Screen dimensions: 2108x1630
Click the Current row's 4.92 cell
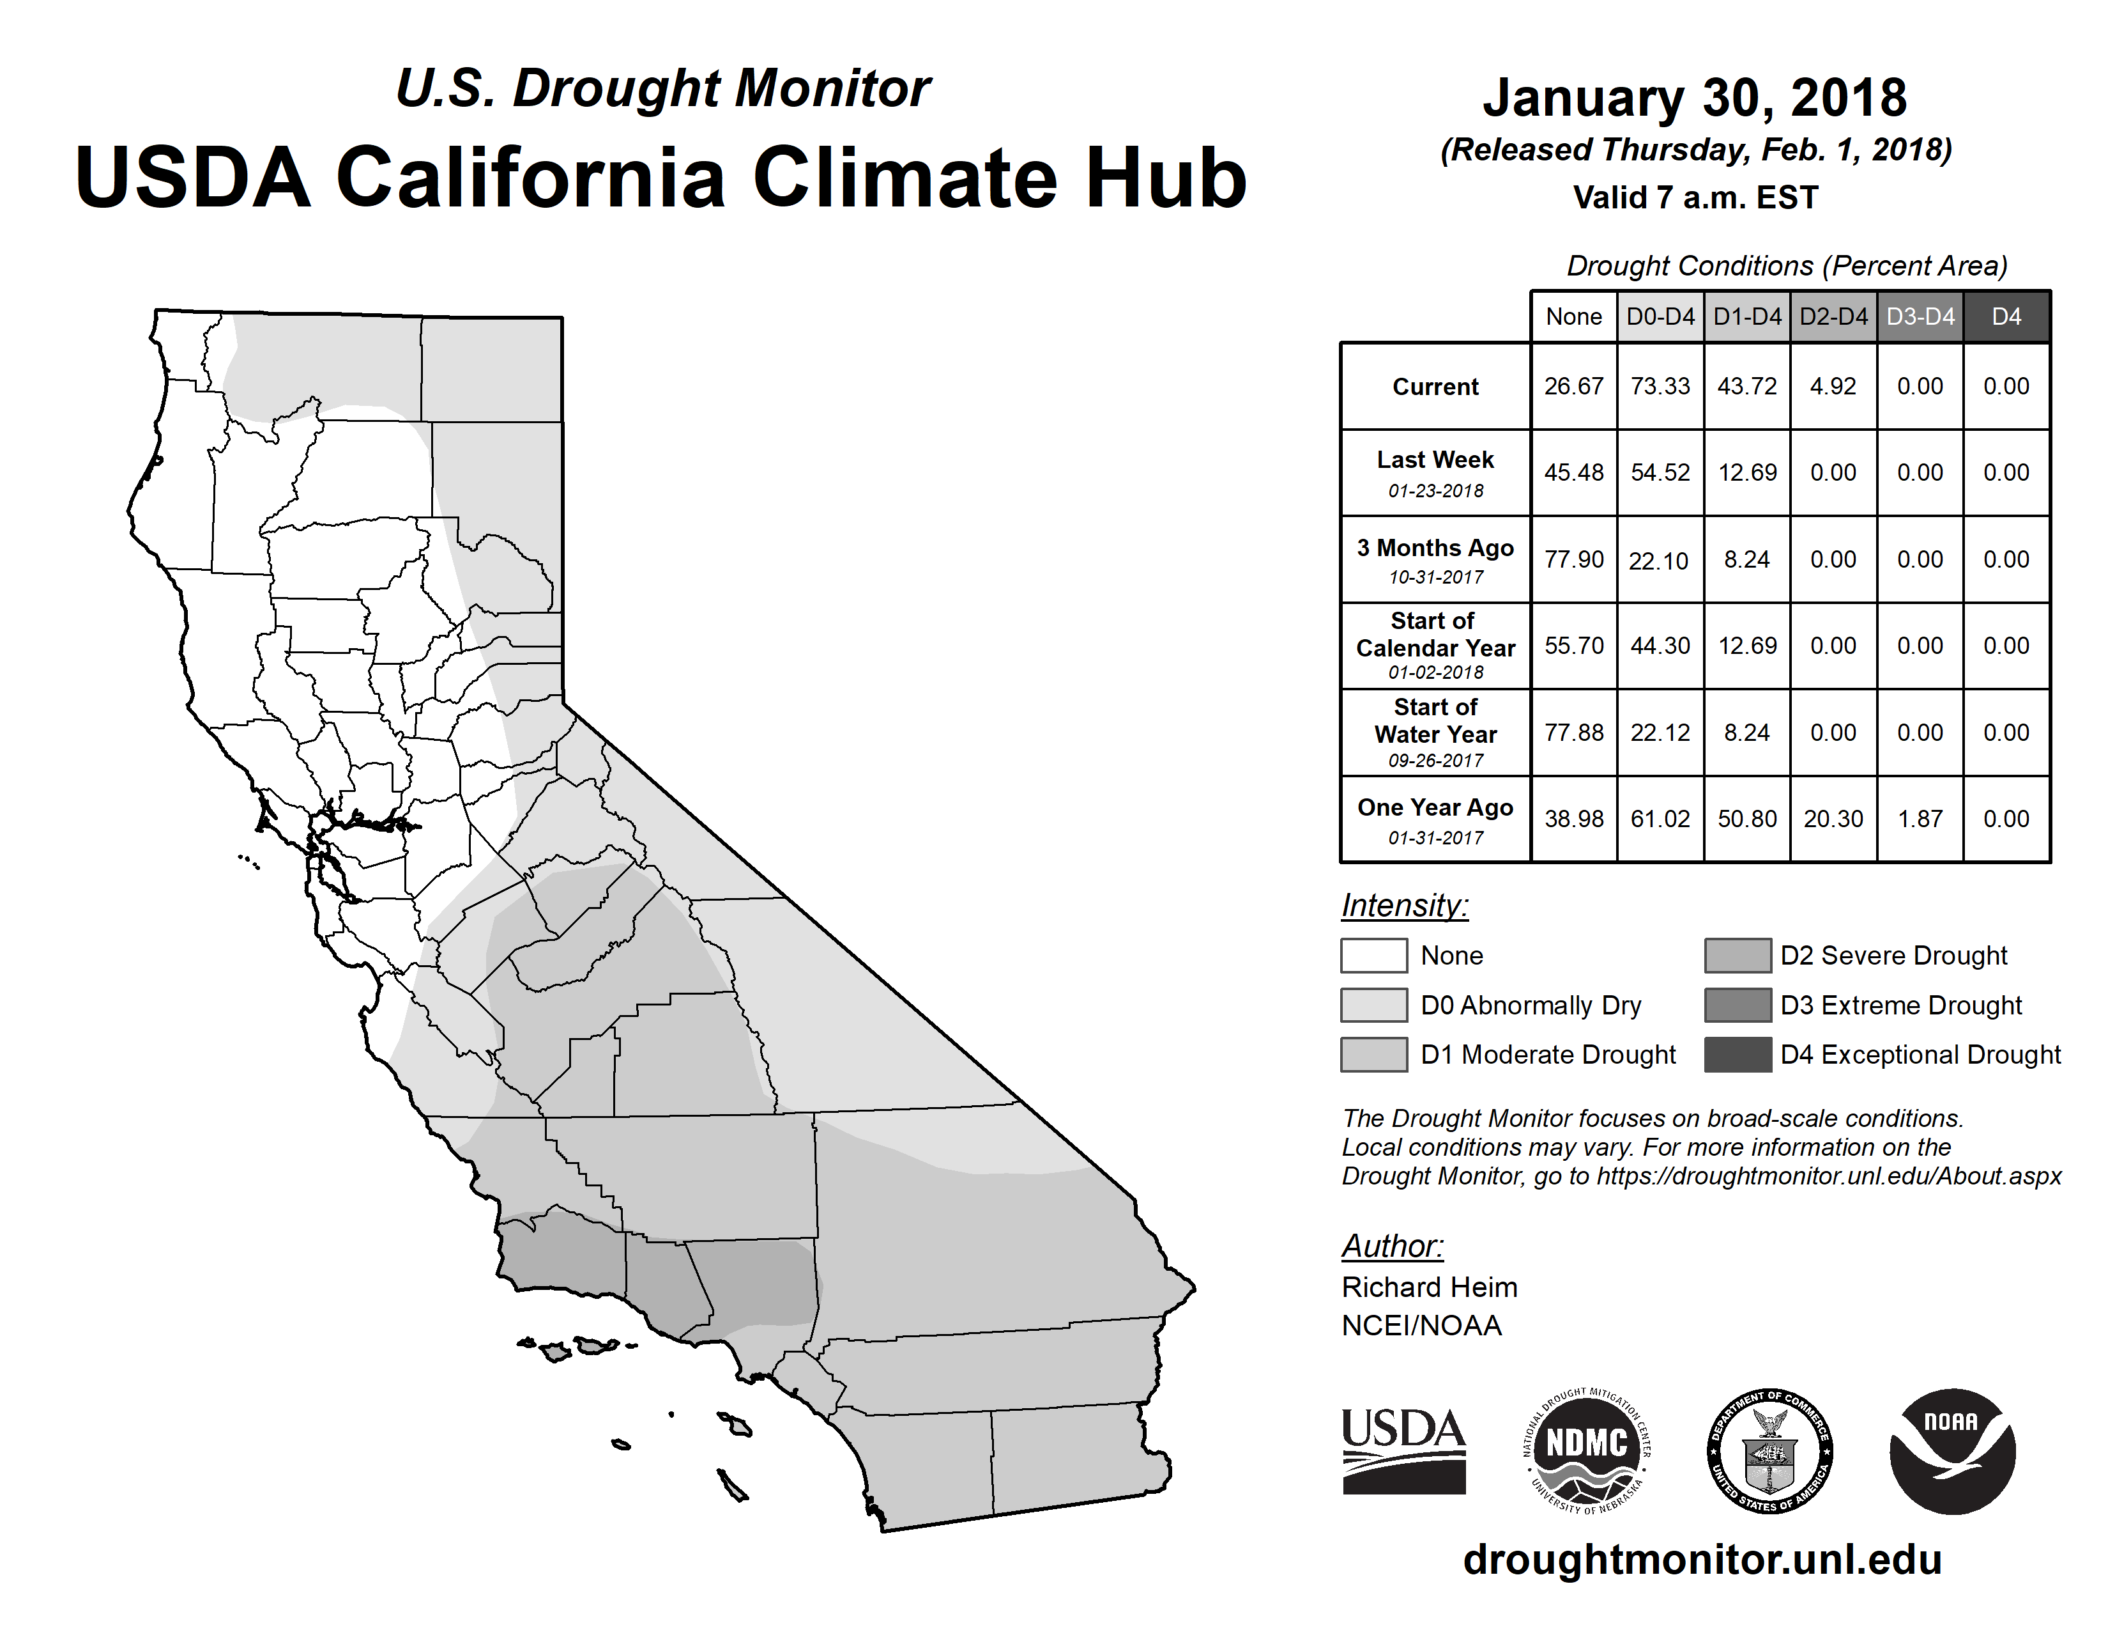(x=1833, y=386)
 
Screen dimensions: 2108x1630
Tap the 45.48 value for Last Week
(x=1573, y=472)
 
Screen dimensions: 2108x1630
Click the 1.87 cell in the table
(x=1920, y=819)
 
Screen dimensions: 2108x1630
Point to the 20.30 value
(x=1833, y=819)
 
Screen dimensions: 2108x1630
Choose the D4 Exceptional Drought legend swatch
(x=1738, y=1055)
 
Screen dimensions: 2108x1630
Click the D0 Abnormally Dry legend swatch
(x=1373, y=1004)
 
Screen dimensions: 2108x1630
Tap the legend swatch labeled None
(x=1373, y=955)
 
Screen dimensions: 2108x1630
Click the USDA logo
(x=1403, y=1450)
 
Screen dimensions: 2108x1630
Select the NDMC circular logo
(x=1587, y=1450)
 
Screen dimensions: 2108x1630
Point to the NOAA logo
(x=1951, y=1450)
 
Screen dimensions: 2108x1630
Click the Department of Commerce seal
(x=1769, y=1450)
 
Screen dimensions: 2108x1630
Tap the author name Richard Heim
(x=1430, y=1287)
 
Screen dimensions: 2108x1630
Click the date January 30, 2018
(x=1695, y=98)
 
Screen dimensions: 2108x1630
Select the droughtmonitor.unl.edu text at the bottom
(x=1702, y=1560)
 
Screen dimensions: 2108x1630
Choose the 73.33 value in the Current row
(x=1660, y=386)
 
